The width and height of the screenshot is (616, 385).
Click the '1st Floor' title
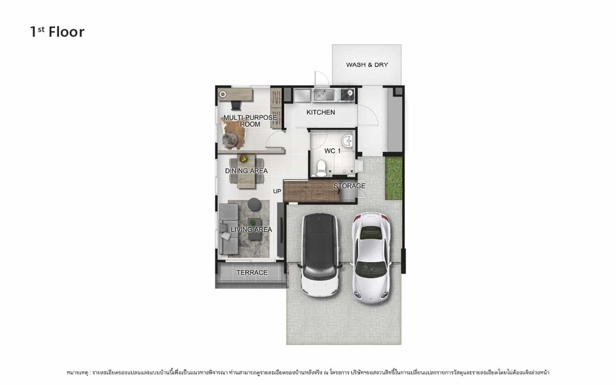tap(57, 32)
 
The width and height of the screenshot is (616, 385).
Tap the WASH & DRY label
tap(367, 65)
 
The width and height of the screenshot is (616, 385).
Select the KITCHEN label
tap(321, 112)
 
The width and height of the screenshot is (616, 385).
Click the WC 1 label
tap(333, 151)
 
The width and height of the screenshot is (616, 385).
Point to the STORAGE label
tap(349, 186)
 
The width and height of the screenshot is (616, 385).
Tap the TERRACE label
tap(252, 273)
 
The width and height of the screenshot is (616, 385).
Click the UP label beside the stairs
tap(277, 191)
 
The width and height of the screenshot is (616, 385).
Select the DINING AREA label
tap(246, 171)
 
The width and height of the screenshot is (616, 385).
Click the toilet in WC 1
tap(321, 168)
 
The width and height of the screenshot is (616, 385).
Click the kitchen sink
tap(324, 95)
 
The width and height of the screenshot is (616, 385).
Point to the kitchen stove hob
tap(348, 95)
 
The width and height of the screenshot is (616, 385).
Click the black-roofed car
tap(320, 254)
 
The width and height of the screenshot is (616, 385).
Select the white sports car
tap(372, 258)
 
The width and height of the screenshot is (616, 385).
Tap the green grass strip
tap(393, 178)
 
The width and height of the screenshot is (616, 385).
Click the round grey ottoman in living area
tap(254, 204)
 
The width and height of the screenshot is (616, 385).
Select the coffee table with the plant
tap(254, 229)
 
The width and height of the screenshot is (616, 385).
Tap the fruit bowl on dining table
tap(243, 159)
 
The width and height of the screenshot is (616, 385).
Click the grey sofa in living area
tap(229, 229)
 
